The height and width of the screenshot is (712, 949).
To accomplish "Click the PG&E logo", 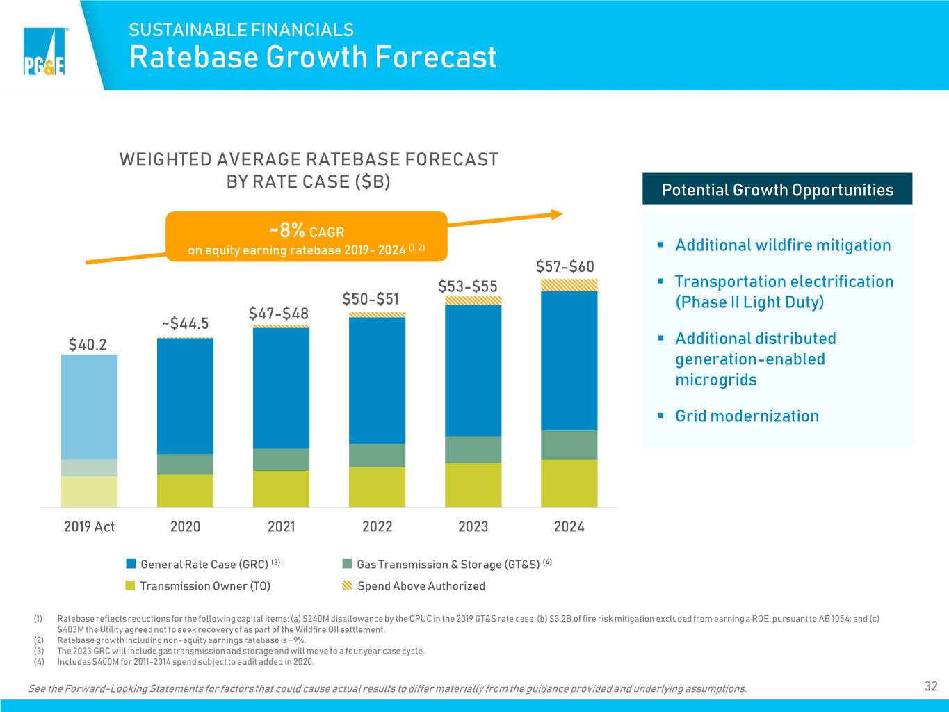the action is click(44, 51).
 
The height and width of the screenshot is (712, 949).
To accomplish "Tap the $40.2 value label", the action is click(88, 345).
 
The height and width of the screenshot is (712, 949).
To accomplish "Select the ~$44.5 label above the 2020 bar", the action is click(185, 323).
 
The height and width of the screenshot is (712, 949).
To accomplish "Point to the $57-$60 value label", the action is click(565, 266).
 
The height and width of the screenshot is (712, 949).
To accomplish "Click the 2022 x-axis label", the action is click(377, 526).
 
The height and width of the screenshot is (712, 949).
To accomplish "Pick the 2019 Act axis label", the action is click(89, 526).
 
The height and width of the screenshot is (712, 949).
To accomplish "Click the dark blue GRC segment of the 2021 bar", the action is click(281, 388).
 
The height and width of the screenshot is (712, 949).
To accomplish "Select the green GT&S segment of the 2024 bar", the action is click(569, 445).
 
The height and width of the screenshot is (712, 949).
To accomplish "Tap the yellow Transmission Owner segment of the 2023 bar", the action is click(473, 485).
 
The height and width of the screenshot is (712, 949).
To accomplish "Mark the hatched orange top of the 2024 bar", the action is click(569, 285).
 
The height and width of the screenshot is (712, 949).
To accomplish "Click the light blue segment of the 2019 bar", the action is click(89, 407).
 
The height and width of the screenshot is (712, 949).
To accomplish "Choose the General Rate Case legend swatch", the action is click(131, 564).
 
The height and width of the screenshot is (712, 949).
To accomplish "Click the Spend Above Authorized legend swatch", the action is click(347, 585).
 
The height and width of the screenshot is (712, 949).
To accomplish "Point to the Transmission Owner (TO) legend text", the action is click(205, 585).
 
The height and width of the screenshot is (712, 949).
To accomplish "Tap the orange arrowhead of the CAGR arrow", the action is click(557, 214).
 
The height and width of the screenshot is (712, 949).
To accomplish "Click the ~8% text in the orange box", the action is click(287, 230).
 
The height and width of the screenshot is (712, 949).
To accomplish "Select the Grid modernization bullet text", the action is click(747, 416).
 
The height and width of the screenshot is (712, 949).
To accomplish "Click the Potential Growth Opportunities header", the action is click(777, 189).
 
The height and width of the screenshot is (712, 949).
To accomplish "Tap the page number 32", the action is click(931, 686).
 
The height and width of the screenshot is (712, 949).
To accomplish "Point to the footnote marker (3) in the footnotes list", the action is click(39, 651).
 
